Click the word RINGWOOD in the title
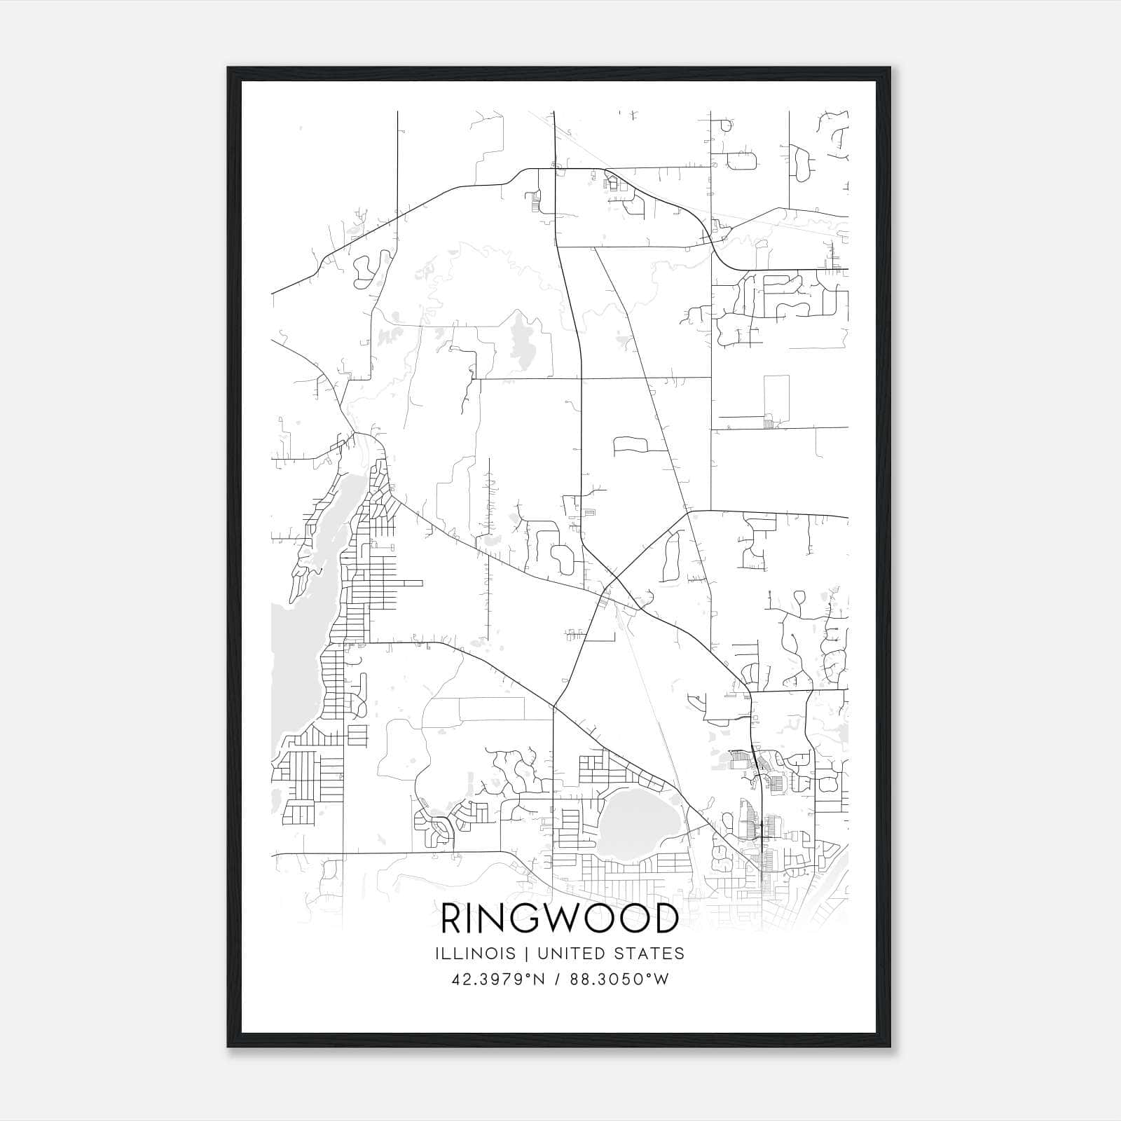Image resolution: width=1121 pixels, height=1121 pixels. pyautogui.click(x=560, y=919)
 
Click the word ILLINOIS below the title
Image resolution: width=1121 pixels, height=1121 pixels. pyautogui.click(x=475, y=954)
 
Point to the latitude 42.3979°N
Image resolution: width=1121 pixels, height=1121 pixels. pyautogui.click(x=498, y=979)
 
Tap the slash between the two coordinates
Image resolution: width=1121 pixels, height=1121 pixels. pyautogui.click(x=557, y=979)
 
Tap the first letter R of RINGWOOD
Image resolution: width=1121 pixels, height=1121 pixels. pyautogui.click(x=453, y=919)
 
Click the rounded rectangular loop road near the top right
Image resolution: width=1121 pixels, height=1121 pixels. pyautogui.click(x=742, y=160)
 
